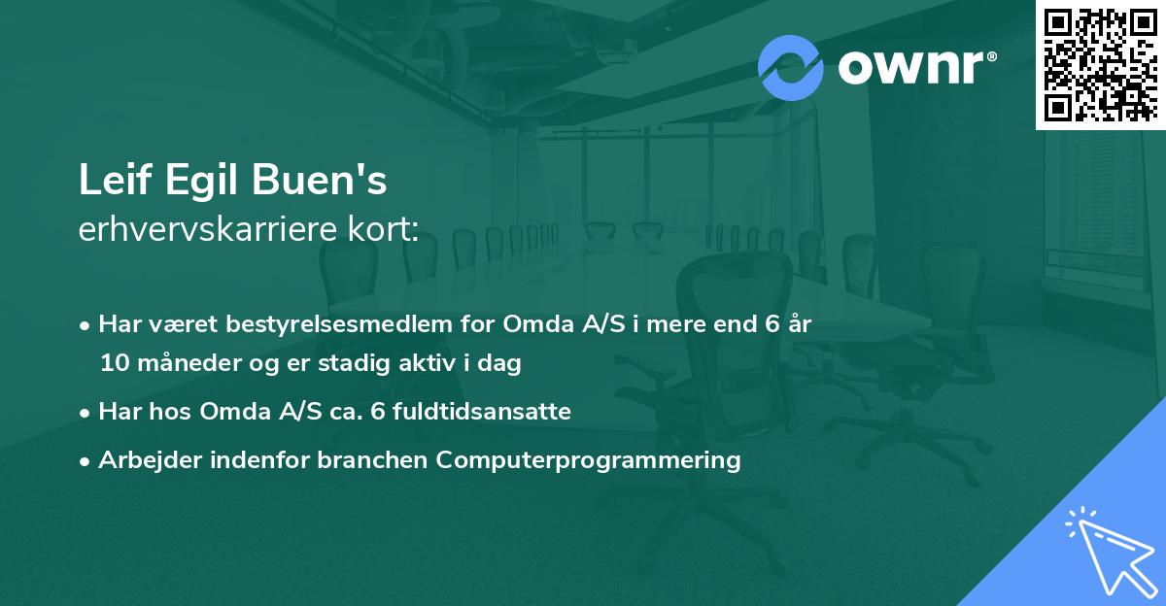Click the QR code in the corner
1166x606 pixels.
(1100, 64)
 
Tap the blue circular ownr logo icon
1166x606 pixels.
(791, 68)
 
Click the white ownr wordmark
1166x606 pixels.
(911, 67)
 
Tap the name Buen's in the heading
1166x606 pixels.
(320, 180)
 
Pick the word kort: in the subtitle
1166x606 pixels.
(383, 229)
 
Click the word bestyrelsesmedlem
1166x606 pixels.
(339, 324)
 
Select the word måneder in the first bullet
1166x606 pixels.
(189, 363)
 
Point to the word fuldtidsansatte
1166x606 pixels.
(482, 412)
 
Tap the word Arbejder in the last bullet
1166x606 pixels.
(150, 460)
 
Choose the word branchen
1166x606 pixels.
(372, 459)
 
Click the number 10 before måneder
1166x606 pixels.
(115, 363)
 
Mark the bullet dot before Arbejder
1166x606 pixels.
(85, 462)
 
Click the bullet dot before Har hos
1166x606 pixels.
(85, 414)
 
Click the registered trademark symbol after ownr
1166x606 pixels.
(991, 56)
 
